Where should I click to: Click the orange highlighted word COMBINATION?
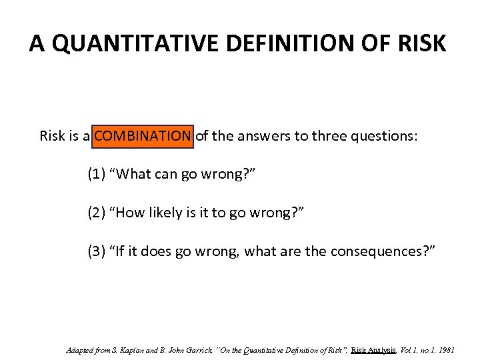[143, 136]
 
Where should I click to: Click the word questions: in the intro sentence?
[385, 136]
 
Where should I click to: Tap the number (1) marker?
[97, 175]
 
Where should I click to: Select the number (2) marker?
[97, 213]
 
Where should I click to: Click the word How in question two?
[131, 213]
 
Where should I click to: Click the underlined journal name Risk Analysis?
[373, 350]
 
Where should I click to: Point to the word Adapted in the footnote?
[81, 350]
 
